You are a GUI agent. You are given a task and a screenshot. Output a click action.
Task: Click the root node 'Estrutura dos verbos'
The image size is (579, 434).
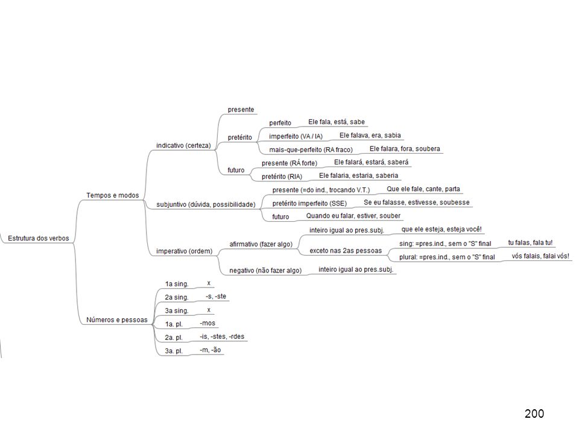pyautogui.click(x=39, y=239)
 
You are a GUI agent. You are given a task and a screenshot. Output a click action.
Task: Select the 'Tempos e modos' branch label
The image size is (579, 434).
pyautogui.click(x=113, y=195)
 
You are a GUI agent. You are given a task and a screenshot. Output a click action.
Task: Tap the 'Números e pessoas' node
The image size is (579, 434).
pyautogui.click(x=116, y=320)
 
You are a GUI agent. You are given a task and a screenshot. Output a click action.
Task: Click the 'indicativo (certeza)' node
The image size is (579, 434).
pyautogui.click(x=183, y=146)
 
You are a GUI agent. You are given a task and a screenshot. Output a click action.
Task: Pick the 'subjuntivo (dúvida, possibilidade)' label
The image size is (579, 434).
pyautogui.click(x=206, y=204)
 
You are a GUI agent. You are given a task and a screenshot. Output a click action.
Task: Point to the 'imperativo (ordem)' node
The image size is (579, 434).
pyautogui.click(x=185, y=251)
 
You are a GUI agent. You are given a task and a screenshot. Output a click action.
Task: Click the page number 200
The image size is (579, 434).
pyautogui.click(x=534, y=414)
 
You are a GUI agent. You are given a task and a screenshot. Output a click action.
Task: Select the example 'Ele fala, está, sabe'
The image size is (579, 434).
pyautogui.click(x=337, y=122)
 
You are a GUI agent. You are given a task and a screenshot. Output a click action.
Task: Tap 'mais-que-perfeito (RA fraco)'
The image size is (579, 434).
pyautogui.click(x=311, y=150)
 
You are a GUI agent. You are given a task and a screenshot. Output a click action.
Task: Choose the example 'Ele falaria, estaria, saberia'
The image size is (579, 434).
pyautogui.click(x=358, y=175)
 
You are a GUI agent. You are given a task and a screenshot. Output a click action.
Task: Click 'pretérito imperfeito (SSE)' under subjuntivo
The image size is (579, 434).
pyautogui.click(x=309, y=203)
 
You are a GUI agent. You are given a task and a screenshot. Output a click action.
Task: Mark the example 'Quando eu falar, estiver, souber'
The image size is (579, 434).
pyautogui.click(x=353, y=216)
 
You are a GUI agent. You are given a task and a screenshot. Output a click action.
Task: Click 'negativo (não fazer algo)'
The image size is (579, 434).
pyautogui.click(x=265, y=271)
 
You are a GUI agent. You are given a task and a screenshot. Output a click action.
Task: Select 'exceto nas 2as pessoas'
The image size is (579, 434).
pyautogui.click(x=346, y=251)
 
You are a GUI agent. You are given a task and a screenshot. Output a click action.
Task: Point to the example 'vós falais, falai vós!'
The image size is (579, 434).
pyautogui.click(x=540, y=256)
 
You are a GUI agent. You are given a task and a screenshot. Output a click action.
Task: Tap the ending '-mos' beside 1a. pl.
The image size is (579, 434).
pyautogui.click(x=207, y=323)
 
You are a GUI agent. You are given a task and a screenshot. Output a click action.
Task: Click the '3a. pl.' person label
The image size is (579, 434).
pyautogui.click(x=174, y=351)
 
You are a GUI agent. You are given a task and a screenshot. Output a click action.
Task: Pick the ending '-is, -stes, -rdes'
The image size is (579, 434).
pyautogui.click(x=222, y=336)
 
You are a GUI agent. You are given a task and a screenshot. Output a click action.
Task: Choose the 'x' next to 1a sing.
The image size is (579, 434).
pyautogui.click(x=209, y=283)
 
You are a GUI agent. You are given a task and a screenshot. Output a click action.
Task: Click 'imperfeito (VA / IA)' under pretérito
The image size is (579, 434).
pyautogui.click(x=296, y=137)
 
